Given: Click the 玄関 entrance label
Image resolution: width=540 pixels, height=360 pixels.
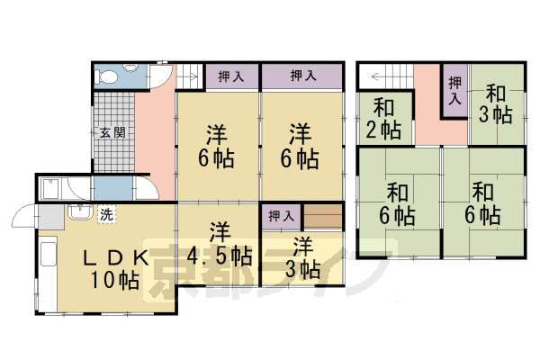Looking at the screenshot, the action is point(112,132).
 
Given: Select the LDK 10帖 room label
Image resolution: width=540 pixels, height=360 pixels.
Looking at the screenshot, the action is point(115,269).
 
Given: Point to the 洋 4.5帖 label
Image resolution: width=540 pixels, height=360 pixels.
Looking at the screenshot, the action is point(219,244).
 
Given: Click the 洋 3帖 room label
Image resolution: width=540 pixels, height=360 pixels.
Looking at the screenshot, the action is point(303,257).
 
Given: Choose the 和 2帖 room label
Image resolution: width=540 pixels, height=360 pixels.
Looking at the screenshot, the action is point(384,119).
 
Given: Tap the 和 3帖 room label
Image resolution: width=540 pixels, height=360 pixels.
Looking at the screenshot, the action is point(495,104).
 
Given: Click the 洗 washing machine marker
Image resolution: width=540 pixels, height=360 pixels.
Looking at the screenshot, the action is point(106,214).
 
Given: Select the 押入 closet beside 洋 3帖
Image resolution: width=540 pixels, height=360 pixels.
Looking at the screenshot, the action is point(281,216).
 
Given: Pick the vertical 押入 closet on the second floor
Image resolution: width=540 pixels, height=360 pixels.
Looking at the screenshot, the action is point(454,91).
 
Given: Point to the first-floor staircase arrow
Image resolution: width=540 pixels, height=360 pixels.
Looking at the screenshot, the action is point(190,76).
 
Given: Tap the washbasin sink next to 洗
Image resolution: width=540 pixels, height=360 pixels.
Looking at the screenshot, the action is point(80,212).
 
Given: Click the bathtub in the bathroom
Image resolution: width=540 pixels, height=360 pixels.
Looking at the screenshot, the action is point(51,188).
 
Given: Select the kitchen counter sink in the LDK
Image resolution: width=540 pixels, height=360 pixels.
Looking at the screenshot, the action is point(48,254).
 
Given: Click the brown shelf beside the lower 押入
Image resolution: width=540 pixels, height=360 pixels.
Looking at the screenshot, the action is point(323,216).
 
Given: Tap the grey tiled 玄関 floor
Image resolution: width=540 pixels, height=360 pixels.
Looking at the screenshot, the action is point(113,131).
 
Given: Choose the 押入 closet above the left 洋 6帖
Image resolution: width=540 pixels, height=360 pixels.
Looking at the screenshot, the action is point(232,76).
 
